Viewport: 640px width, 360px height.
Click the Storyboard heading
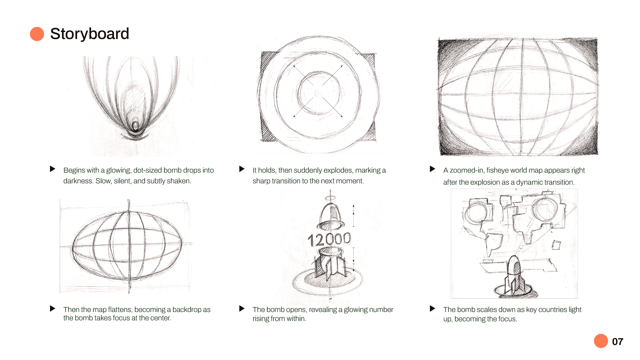tap(89, 34)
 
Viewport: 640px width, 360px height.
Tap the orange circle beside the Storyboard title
tap(37, 34)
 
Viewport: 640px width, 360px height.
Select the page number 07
tap(618, 342)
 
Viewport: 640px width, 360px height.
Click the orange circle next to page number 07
tap(601, 341)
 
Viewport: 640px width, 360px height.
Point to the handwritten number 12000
tap(329, 239)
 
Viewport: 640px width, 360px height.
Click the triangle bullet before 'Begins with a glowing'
tap(53, 169)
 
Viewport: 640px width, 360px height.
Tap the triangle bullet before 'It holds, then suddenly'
tap(242, 169)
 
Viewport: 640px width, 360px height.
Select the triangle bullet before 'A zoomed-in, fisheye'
tap(433, 169)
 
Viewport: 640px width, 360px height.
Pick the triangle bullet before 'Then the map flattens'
tap(53, 308)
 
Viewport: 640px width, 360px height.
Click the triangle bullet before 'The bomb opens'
tap(242, 308)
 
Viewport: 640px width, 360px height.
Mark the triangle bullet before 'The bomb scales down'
tap(433, 308)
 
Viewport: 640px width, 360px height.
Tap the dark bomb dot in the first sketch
tap(135, 126)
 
